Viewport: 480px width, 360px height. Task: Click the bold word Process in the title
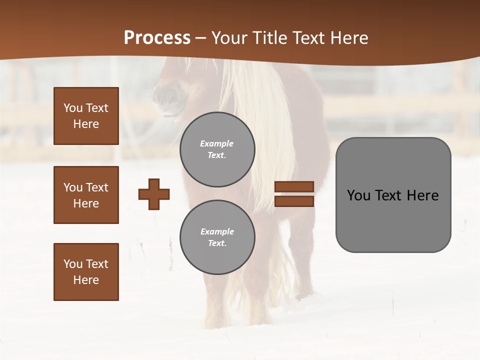tap(157, 38)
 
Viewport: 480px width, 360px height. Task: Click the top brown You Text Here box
tap(86, 116)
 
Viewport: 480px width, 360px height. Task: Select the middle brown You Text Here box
tap(86, 195)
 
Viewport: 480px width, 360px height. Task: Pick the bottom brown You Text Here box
tap(86, 272)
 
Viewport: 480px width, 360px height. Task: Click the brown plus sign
tap(154, 194)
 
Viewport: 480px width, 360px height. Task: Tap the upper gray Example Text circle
tap(217, 149)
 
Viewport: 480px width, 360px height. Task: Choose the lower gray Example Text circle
tap(217, 237)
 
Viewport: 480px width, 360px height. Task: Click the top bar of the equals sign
tap(294, 186)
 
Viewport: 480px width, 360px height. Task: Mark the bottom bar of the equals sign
tap(294, 201)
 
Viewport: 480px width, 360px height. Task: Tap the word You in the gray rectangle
tap(358, 195)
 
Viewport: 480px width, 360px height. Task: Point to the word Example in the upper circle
tap(217, 144)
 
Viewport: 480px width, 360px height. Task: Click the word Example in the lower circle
tap(217, 232)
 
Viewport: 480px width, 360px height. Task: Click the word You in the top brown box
tap(73, 108)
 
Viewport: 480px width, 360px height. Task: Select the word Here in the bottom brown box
tap(86, 280)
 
